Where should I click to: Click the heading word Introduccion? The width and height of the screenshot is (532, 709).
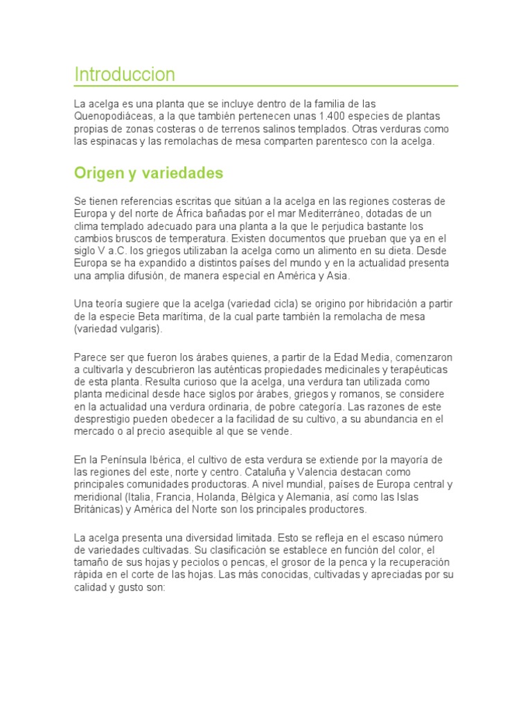coord(125,74)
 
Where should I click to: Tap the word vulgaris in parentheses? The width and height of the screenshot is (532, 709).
coord(138,329)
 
